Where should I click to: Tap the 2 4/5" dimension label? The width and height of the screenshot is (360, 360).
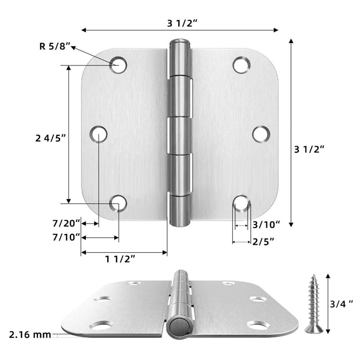[x=51, y=138]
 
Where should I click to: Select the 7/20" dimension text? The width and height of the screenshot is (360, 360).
[x=66, y=224]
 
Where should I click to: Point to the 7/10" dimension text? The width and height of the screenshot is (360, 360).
[x=66, y=237]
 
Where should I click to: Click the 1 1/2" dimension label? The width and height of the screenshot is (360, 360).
[x=120, y=258]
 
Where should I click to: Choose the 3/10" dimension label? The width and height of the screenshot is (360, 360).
[x=266, y=225]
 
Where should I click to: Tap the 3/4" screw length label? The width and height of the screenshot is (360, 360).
[x=342, y=304]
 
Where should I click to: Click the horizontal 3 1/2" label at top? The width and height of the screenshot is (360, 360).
[x=182, y=23]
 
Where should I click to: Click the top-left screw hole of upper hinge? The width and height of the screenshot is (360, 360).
[x=118, y=65]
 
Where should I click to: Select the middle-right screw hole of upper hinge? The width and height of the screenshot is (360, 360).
[x=261, y=134]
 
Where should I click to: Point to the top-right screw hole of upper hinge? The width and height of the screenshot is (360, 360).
[x=241, y=65]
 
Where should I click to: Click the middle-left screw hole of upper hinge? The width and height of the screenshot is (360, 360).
[x=98, y=134]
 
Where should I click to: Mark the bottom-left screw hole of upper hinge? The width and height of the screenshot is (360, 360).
[x=118, y=203]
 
